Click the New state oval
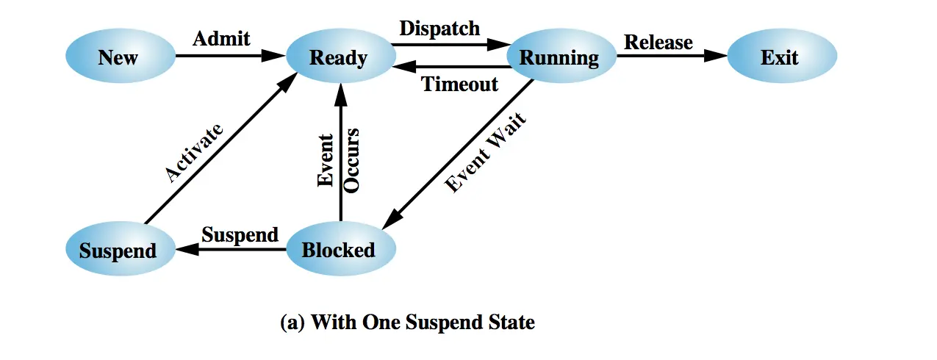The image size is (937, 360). (121, 56)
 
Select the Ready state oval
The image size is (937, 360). (341, 56)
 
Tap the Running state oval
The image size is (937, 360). (561, 56)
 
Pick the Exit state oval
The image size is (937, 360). (782, 56)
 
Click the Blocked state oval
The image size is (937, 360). (341, 248)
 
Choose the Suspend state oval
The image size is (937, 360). (121, 248)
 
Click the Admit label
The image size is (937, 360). (221, 39)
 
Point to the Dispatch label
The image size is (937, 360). (439, 29)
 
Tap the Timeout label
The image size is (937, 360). (459, 84)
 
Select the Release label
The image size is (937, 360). (658, 42)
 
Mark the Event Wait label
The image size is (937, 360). (485, 152)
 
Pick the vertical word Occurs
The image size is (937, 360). (351, 161)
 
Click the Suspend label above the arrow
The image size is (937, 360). (240, 234)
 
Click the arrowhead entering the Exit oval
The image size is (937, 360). (716, 56)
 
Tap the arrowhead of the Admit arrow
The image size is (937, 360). (273, 56)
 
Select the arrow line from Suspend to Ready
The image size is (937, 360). (221, 148)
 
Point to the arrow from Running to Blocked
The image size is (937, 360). (458, 154)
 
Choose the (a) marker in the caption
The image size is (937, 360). (292, 323)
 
